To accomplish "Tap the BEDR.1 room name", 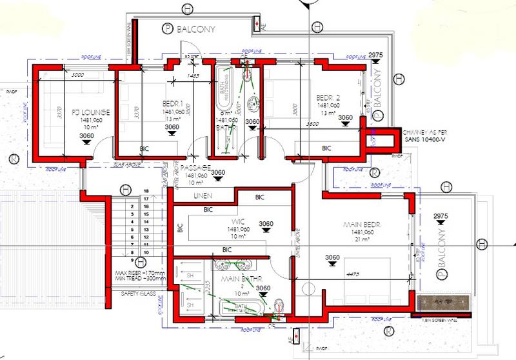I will (173, 103).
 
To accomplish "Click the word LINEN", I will (204, 195).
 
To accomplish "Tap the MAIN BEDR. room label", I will (359, 224).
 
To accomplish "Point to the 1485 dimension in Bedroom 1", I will (192, 76).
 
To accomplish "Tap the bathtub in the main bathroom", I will (242, 307).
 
